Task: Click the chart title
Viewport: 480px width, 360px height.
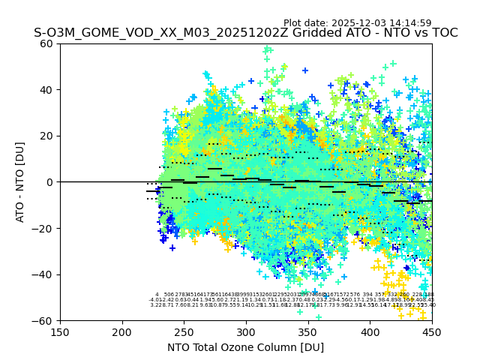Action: [x=245, y=33]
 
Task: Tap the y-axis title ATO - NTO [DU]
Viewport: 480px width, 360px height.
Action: [x=21, y=182]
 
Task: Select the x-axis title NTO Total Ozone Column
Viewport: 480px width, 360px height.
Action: [x=245, y=347]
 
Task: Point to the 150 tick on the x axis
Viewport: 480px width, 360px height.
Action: [x=60, y=331]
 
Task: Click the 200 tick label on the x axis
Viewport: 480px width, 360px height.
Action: [x=122, y=331]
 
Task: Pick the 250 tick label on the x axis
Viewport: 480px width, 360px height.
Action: [x=184, y=331]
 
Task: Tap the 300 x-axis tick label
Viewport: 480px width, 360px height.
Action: [x=246, y=331]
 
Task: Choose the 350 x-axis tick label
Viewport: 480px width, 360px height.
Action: [x=307, y=331]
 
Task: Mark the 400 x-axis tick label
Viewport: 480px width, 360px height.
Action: [x=370, y=331]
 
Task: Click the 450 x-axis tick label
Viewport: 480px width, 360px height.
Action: [x=431, y=331]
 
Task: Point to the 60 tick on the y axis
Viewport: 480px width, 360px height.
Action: [x=47, y=43]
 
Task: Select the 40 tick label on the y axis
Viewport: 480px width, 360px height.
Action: [x=47, y=90]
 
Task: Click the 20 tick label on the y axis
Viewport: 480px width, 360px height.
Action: [x=47, y=136]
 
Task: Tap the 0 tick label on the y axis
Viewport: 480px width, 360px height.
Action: [x=50, y=182]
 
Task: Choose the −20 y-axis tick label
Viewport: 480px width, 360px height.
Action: [x=44, y=228]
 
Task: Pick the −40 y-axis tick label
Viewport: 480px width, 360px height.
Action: [x=44, y=274]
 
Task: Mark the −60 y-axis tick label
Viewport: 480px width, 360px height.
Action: [x=44, y=320]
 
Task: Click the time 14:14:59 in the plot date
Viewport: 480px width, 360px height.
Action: [x=408, y=23]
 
